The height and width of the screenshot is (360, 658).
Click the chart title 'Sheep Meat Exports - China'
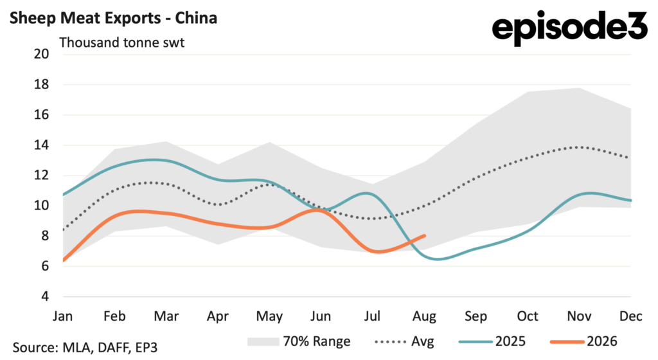[x=113, y=18]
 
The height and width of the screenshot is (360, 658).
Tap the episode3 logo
[x=570, y=27]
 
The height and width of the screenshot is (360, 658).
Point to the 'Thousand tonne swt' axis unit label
[x=121, y=43]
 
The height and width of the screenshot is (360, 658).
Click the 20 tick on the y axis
[x=42, y=54]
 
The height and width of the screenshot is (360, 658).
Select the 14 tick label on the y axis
[x=42, y=145]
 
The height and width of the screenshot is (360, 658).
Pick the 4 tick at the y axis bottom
[x=45, y=296]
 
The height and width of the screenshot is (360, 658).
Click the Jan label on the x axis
[x=62, y=316]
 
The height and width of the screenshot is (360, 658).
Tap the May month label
[x=269, y=316]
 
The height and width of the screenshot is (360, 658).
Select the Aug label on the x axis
[x=424, y=316]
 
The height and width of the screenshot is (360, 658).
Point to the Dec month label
[x=631, y=316]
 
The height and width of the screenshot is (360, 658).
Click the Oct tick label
[x=528, y=316]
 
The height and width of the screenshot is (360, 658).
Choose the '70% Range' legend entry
[x=299, y=341]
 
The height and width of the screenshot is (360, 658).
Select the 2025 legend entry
[x=492, y=341]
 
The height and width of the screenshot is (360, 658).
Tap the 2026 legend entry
[x=583, y=341]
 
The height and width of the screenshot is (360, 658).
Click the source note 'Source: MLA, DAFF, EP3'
[x=85, y=347]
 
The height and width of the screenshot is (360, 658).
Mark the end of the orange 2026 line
[x=425, y=236]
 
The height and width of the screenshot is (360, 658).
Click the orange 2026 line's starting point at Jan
[x=64, y=260]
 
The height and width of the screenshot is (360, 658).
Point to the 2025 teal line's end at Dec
[x=631, y=201]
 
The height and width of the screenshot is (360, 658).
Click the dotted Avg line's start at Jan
[x=64, y=230]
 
